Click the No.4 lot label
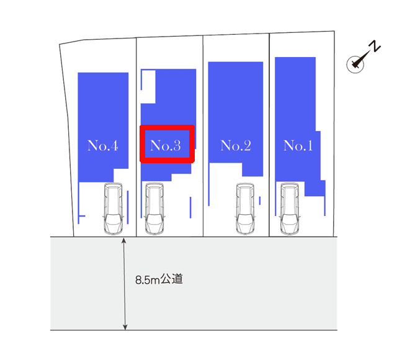(x=102, y=145)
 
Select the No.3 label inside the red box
(x=166, y=145)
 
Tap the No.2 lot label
(x=236, y=145)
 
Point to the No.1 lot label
(x=298, y=145)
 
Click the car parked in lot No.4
(x=113, y=209)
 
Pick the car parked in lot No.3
(x=154, y=209)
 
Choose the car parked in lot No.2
(x=245, y=209)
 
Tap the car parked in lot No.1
(x=290, y=209)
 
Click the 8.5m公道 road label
(x=159, y=279)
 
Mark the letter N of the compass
(x=375, y=46)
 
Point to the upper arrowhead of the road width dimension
(x=124, y=240)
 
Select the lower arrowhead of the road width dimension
(x=125, y=327)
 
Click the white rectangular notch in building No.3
(x=148, y=87)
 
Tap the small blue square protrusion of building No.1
(x=315, y=188)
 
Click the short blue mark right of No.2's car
(x=260, y=200)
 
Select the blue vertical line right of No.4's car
(x=128, y=207)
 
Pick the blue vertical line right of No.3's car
(x=190, y=207)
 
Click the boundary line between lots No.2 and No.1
(x=269, y=135)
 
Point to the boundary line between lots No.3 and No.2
(x=203, y=136)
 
